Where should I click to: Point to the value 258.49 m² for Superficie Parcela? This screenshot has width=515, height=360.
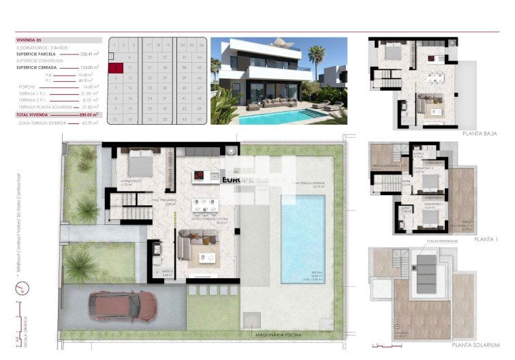click(90, 53)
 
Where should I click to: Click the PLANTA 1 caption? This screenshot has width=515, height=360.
click(486, 239)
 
